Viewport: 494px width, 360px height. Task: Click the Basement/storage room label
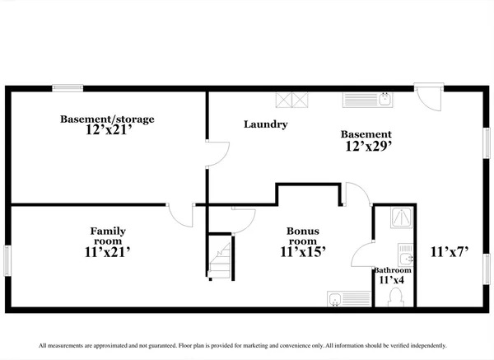pyautogui.click(x=107, y=119)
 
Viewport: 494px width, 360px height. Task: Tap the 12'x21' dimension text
pyautogui.click(x=107, y=130)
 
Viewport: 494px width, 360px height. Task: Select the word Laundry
pyautogui.click(x=266, y=125)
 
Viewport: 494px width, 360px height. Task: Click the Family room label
pyautogui.click(x=108, y=236)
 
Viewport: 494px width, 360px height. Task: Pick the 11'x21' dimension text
pyautogui.click(x=108, y=253)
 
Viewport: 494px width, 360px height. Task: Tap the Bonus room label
pyautogui.click(x=303, y=236)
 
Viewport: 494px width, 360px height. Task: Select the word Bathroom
pyautogui.click(x=392, y=270)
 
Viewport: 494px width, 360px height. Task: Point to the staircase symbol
pyautogui.click(x=220, y=259)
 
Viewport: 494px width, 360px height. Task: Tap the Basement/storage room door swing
pyautogui.click(x=216, y=154)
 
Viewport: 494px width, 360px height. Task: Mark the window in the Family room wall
pyautogui.click(x=7, y=261)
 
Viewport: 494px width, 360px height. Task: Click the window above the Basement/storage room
pyautogui.click(x=68, y=87)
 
